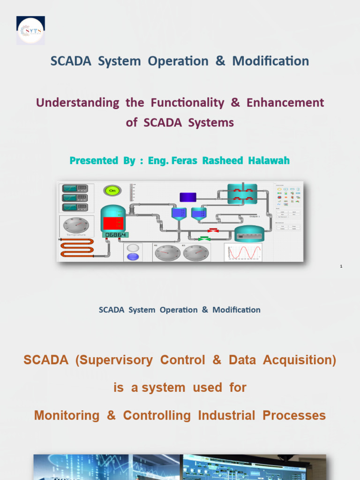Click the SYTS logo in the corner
pos(30,30)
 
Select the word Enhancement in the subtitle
pos(285,103)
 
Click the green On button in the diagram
pos(112,190)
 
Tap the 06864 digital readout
pos(115,234)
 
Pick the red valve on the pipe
pos(214,230)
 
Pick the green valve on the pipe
pos(204,238)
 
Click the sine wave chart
pos(243,252)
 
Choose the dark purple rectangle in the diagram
pos(188,197)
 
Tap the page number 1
pos(341,267)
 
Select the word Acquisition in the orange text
pos(300,360)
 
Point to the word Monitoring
pos(67,415)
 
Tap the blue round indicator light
pos(133,256)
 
